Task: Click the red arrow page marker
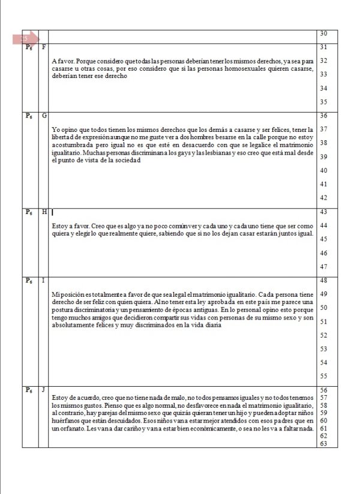coord(25,39)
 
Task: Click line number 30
coord(324,34)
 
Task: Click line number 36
coord(324,115)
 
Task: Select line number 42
coord(324,198)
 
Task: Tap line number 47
coord(324,267)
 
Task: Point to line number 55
coord(324,376)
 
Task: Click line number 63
coord(324,444)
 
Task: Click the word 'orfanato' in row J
coord(65,429)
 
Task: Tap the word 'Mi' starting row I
coord(56,295)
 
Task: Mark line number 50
coord(324,308)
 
